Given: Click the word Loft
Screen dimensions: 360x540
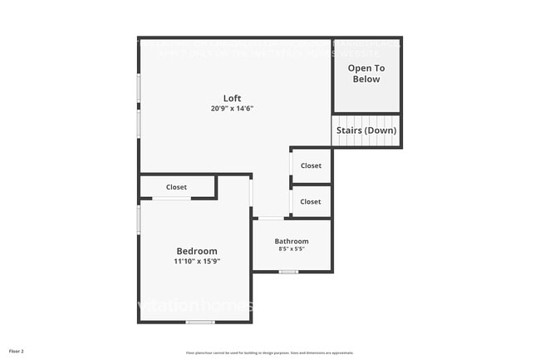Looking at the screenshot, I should (x=232, y=98).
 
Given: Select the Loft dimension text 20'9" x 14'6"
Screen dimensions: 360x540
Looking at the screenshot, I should (x=232, y=109).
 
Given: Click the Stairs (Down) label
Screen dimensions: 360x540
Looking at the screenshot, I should (x=366, y=131).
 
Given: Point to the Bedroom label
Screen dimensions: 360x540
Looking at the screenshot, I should (x=197, y=251).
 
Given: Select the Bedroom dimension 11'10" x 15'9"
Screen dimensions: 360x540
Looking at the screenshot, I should (x=197, y=261).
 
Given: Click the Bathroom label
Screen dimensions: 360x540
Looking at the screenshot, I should (x=292, y=241).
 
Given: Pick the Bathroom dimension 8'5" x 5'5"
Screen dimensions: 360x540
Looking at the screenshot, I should (x=291, y=249).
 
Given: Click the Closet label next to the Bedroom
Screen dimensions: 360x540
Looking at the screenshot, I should (x=176, y=187).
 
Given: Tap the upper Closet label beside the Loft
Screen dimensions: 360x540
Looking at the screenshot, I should (x=311, y=165).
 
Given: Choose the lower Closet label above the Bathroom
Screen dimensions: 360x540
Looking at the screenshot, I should (x=311, y=201).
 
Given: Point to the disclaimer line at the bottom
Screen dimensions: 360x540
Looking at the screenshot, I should (x=269, y=352).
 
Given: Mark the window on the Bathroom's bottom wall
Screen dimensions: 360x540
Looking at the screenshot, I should (x=288, y=272).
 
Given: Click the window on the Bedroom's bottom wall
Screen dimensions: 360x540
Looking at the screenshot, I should (x=199, y=322).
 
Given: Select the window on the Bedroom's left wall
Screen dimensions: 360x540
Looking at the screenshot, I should (x=139, y=220).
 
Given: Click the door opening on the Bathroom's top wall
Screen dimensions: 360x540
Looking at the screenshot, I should (x=270, y=218).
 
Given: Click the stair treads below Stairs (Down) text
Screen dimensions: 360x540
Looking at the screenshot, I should (x=366, y=143).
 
